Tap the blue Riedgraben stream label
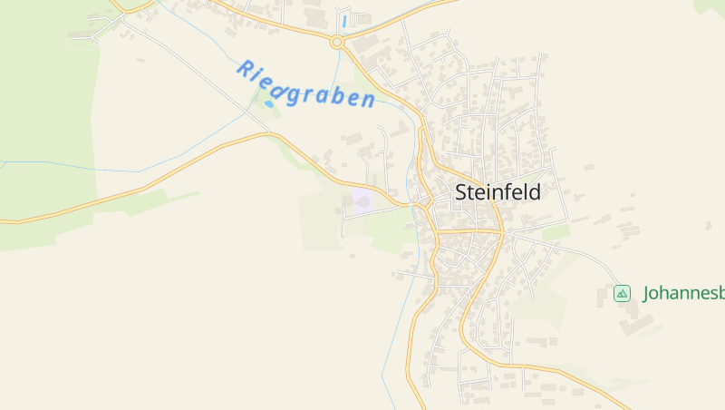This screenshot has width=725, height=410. (x=305, y=84)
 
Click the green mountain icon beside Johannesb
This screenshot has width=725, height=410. (x=622, y=293)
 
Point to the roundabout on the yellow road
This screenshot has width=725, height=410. (x=337, y=42)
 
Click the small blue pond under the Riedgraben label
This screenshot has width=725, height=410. (x=269, y=104)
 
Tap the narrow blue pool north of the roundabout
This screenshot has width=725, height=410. (x=344, y=20)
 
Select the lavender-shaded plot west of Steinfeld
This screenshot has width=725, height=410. (x=362, y=201)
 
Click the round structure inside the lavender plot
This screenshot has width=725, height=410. (x=362, y=201)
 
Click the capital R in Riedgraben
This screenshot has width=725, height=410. (x=245, y=67)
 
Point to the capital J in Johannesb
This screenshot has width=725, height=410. (x=647, y=293)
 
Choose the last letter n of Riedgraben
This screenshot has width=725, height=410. (x=367, y=100)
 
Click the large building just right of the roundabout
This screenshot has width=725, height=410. (x=366, y=43)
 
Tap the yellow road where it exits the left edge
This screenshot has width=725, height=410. (x=3, y=220)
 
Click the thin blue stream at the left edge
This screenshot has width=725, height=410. (x=4, y=162)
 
